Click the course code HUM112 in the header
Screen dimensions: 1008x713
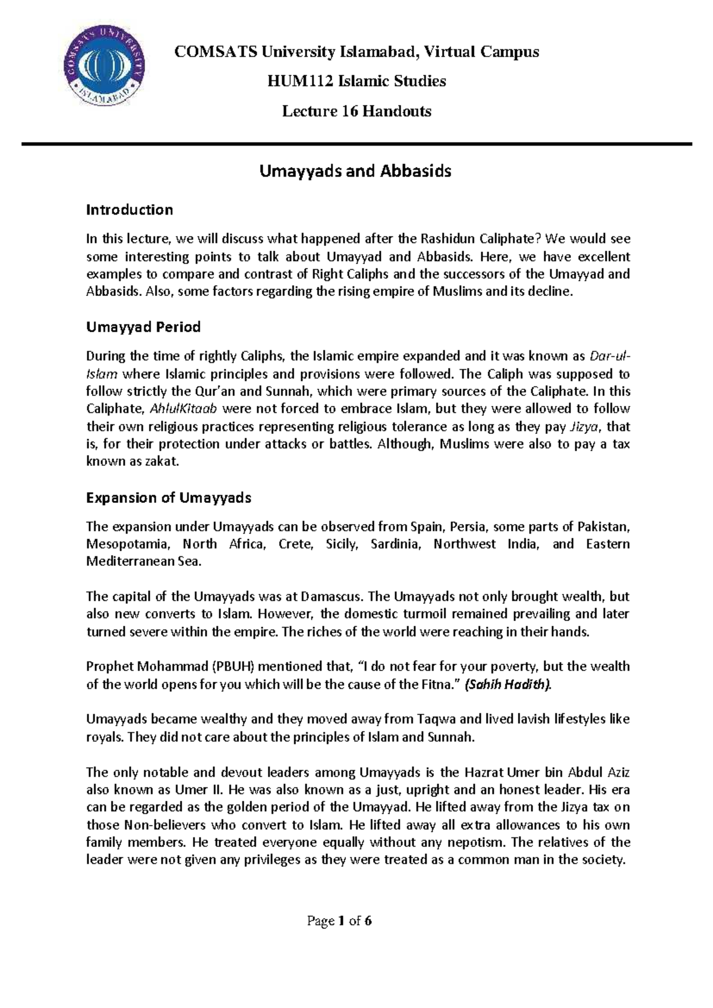tap(300, 81)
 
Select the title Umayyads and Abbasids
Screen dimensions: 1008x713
tap(355, 171)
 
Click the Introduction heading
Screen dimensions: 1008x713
tap(129, 210)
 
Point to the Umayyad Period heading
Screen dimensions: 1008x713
tap(143, 327)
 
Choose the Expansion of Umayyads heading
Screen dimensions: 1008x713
tap(168, 497)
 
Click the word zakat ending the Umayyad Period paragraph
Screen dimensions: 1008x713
tap(162, 461)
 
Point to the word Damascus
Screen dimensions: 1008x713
tap(332, 597)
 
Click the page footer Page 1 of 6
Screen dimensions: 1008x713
tap(339, 921)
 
